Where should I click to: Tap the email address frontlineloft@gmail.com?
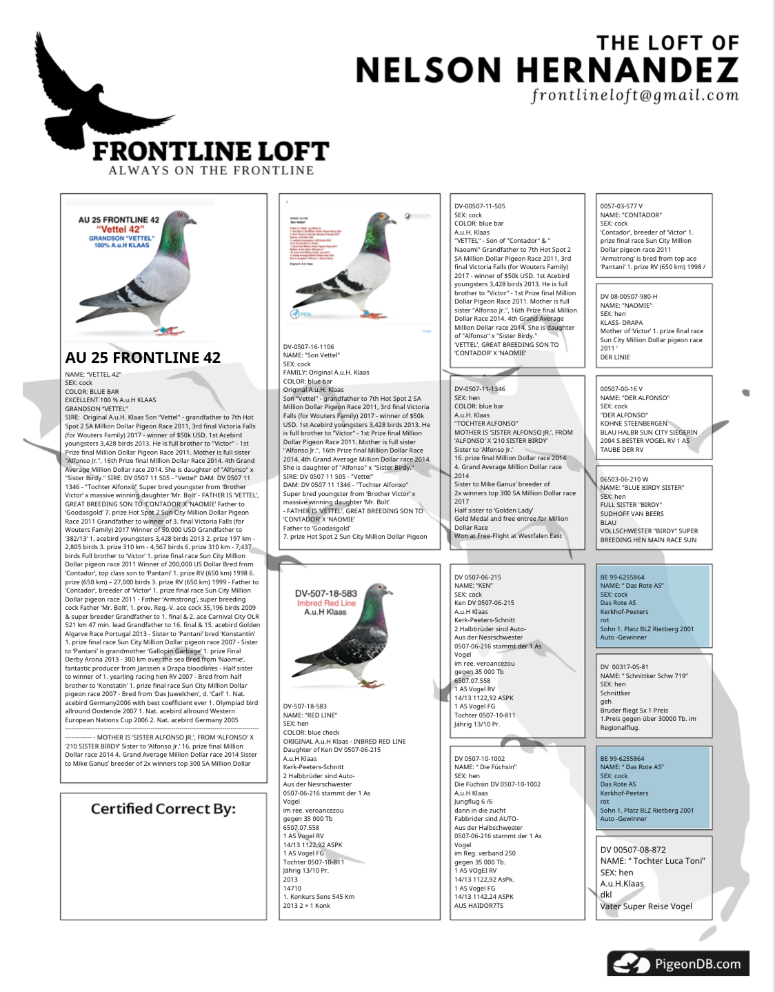pos(634,95)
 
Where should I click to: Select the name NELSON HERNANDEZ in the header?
pos(546,70)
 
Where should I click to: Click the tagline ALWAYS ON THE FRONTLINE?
pos(211,170)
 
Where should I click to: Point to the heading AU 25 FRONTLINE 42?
pos(143,357)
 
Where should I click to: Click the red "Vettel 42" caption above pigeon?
pos(120,229)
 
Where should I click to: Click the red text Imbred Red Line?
pos(326,603)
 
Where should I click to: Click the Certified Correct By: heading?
pos(163,809)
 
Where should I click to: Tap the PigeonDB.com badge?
pos(678,963)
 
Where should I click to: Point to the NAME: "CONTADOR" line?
pos(630,215)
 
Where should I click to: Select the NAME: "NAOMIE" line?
pos(625,305)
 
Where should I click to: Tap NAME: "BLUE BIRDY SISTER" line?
pos(642,488)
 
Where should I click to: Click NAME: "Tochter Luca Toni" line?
pos(652,861)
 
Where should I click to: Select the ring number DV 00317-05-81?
pos(624,667)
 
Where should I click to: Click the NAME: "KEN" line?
pos(473,586)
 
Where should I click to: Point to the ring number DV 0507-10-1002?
pos(479,758)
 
